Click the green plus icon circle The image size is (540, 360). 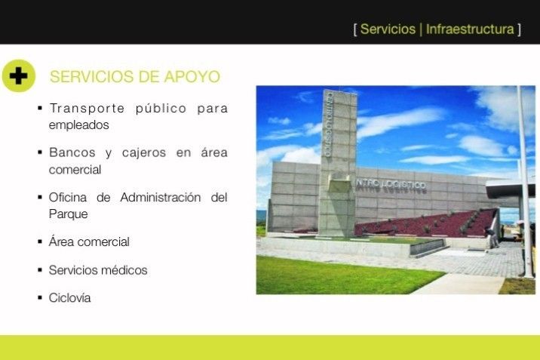click(19, 75)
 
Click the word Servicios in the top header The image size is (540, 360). click(388, 29)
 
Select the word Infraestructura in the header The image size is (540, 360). click(470, 29)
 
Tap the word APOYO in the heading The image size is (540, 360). click(192, 76)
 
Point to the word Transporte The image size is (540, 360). click(87, 109)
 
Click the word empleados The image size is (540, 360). click(79, 125)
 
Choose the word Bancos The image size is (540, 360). click(72, 152)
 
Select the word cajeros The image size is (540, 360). click(144, 153)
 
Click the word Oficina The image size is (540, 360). click(68, 198)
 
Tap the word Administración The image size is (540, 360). click(161, 198)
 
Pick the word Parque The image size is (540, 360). click(68, 214)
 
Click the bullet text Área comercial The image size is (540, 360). click(89, 242)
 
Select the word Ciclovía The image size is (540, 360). click(69, 297)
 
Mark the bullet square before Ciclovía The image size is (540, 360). click(40, 297)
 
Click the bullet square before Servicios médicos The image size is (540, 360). click(40, 269)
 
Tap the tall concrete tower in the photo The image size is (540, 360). click(338, 162)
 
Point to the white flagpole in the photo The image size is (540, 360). click(525, 182)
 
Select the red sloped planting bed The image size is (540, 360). click(427, 224)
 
